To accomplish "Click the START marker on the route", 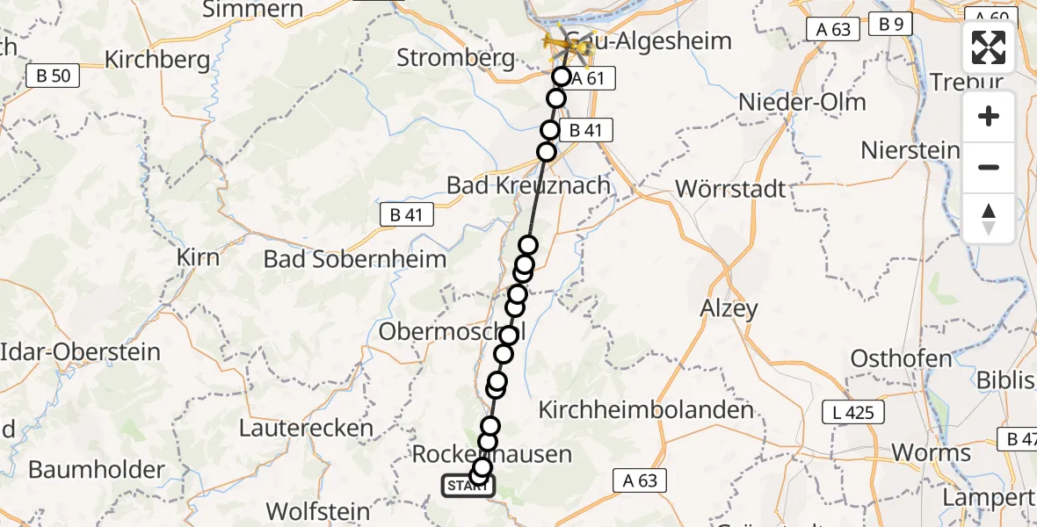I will tap(468, 486).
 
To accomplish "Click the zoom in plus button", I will tap(989, 117).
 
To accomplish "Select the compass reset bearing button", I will tap(989, 218).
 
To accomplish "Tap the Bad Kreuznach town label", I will tap(528, 186).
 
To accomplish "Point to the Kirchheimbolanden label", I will tap(646, 409).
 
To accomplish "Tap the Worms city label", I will tap(931, 453).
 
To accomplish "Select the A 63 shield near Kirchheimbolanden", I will tap(639, 480).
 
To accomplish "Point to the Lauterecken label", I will tap(306, 429).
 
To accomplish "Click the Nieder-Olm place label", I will tap(801, 102).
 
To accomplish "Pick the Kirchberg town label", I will tap(157, 60).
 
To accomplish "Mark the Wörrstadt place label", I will tap(731, 189).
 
